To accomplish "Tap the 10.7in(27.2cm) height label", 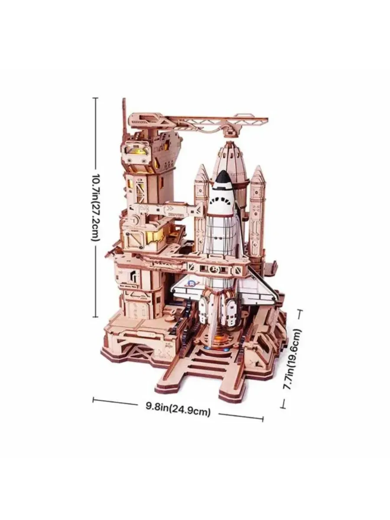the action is click(x=95, y=207).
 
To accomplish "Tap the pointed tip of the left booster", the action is click(x=202, y=166).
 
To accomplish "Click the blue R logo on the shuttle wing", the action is click(x=191, y=283).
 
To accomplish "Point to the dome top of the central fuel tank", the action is click(x=228, y=146).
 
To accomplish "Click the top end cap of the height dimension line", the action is click(x=95, y=98).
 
